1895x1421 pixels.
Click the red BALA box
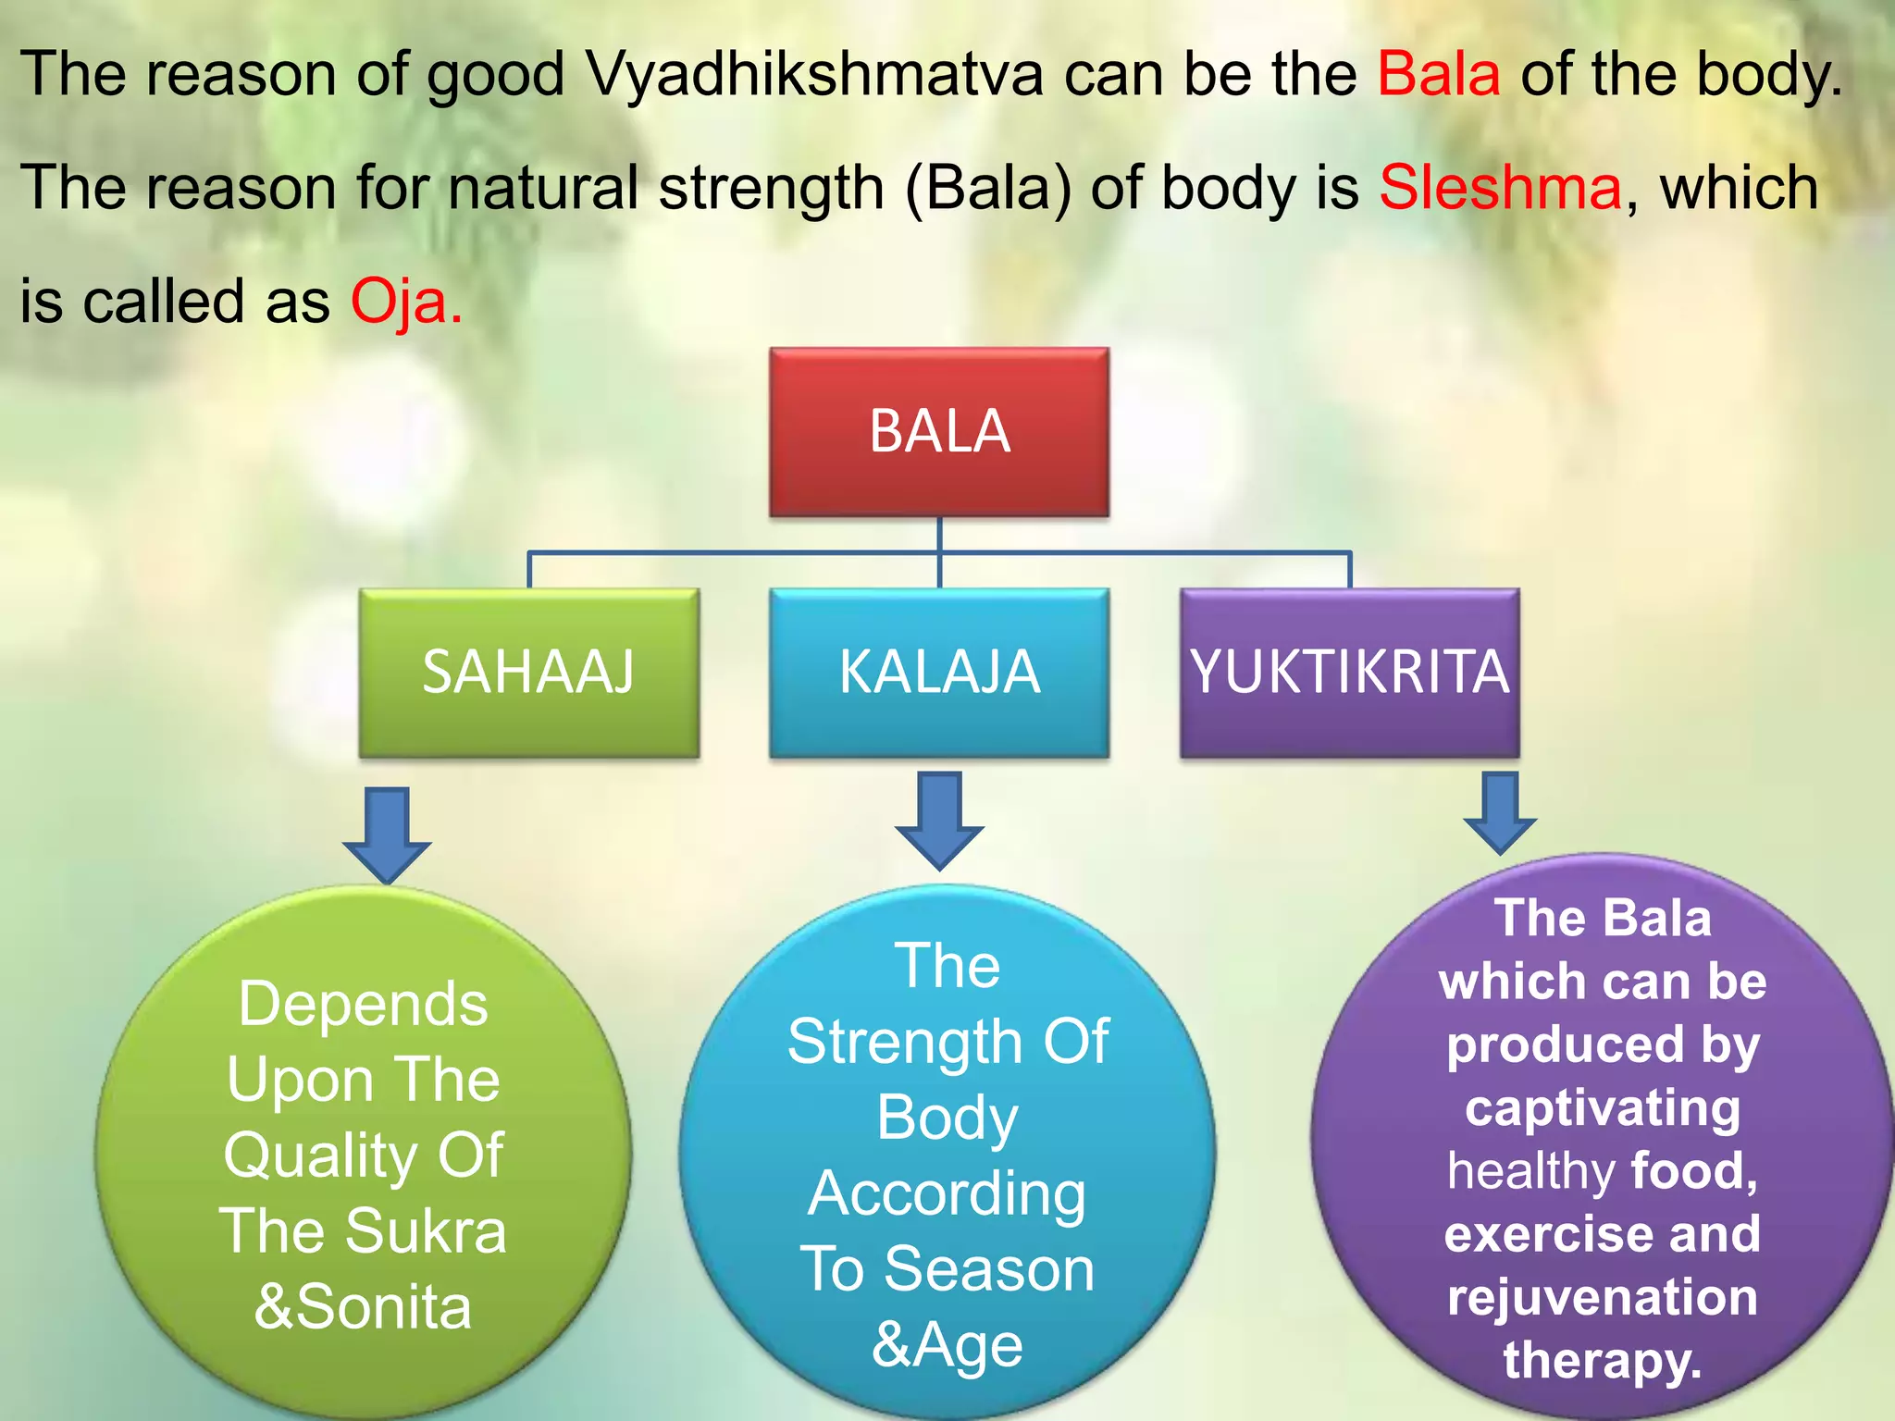[939, 431]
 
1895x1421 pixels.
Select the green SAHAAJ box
[528, 673]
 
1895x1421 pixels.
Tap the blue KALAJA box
[939, 673]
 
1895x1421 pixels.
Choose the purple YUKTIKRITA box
[1349, 673]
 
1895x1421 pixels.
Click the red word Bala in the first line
[1439, 74]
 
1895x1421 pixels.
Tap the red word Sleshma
[1500, 188]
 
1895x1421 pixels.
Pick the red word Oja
[405, 302]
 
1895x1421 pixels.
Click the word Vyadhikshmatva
[814, 74]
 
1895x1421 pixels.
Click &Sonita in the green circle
[363, 1307]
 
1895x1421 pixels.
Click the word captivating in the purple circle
[1603, 1108]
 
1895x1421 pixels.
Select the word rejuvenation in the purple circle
[1603, 1297]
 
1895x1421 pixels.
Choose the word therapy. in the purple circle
[1603, 1360]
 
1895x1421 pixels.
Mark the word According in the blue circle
[947, 1193]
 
